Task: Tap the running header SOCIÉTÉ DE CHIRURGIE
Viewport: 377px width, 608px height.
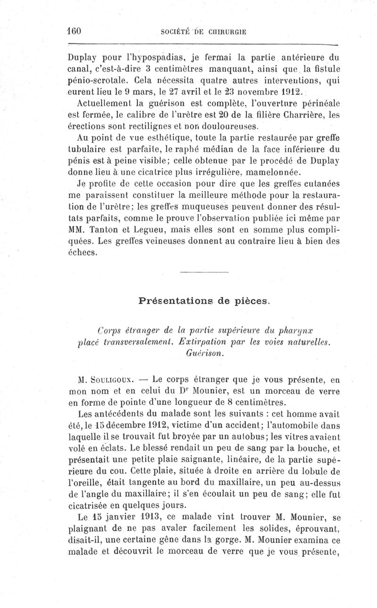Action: [204, 32]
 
